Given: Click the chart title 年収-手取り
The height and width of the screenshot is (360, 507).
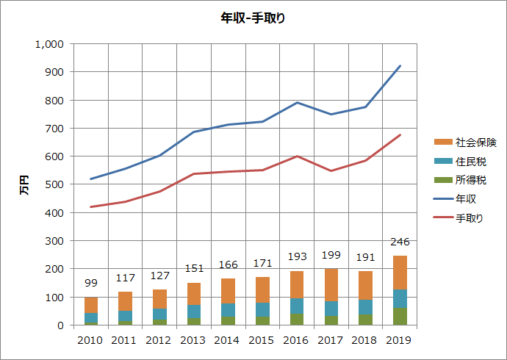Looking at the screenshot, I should [x=253, y=18].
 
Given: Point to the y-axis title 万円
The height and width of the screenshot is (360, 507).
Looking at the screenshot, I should [x=24, y=184].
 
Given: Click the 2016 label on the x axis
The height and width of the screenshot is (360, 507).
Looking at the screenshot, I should [x=297, y=339].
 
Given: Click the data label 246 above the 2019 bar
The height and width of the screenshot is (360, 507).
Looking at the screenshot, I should [x=400, y=242].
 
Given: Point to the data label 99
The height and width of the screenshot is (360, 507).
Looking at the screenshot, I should [x=91, y=284].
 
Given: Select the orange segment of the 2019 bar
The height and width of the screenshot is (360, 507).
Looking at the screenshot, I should [x=400, y=272].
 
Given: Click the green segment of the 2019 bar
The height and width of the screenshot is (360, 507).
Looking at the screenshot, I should [x=400, y=317].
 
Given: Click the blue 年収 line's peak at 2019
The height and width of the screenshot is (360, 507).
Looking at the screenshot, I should [x=400, y=66].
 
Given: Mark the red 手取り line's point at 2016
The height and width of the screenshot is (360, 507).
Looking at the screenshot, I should [x=297, y=156].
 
